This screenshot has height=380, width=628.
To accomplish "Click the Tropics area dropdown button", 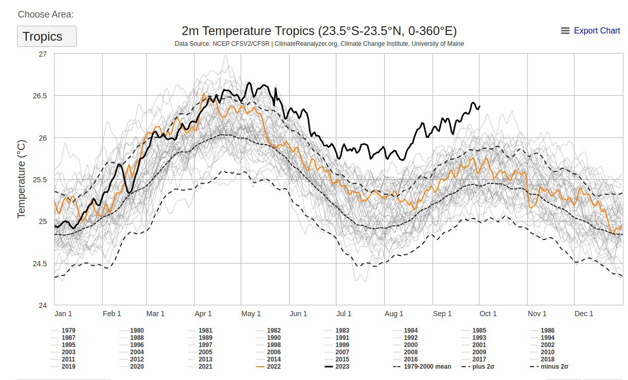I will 46,37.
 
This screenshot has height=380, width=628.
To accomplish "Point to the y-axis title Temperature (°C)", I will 22,178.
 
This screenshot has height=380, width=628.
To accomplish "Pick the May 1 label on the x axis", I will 251,314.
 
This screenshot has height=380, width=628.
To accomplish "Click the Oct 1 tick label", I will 488,314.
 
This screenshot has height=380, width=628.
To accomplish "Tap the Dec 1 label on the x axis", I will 584,314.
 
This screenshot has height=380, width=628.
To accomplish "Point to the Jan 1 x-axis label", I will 63,314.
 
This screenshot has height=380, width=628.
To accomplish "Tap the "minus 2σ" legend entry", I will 554,367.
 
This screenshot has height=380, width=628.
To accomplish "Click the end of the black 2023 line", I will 480,107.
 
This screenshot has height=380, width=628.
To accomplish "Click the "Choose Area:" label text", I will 46,14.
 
